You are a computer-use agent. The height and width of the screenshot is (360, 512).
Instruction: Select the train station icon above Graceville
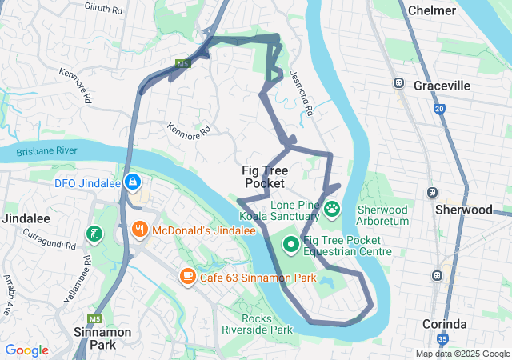(398, 83)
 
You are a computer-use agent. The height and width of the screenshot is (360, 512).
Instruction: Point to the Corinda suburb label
(444, 324)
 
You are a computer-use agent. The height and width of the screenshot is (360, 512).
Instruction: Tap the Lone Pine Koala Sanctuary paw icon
(332, 210)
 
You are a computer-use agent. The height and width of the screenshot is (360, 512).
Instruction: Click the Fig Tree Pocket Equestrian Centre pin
(291, 244)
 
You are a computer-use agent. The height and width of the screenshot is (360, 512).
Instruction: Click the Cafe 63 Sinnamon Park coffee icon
(188, 276)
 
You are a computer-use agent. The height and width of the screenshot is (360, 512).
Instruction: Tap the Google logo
(26, 350)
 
